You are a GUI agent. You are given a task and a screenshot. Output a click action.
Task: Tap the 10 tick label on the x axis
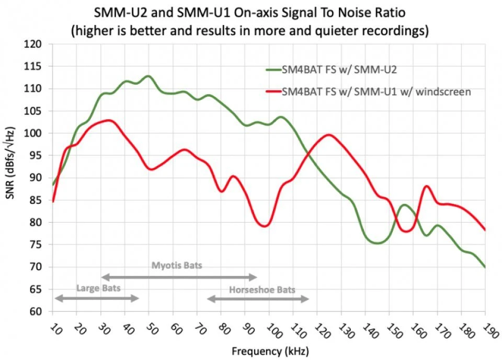coord(54,329)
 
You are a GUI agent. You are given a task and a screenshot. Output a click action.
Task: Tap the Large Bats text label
coord(98,287)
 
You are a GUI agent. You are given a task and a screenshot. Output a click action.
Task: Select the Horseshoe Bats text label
coord(262,289)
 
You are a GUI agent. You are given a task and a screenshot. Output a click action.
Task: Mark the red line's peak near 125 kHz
coord(328,135)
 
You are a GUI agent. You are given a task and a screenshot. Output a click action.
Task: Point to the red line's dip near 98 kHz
coord(265,226)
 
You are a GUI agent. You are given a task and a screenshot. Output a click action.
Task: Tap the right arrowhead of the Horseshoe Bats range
coord(307,298)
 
